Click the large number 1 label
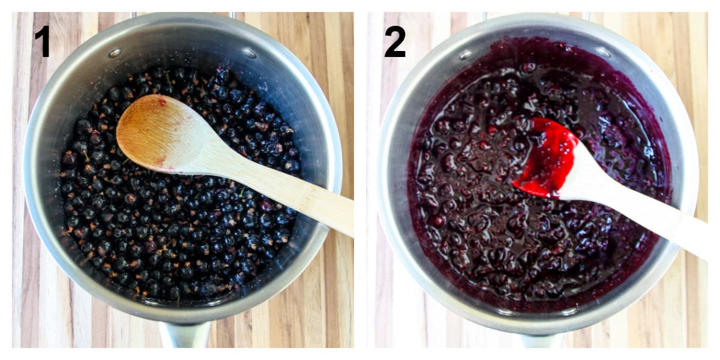43,41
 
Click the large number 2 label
395,41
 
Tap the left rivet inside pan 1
115,53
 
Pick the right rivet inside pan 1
250,53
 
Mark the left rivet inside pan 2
466,55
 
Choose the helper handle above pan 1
183,14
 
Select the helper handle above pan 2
536,14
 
